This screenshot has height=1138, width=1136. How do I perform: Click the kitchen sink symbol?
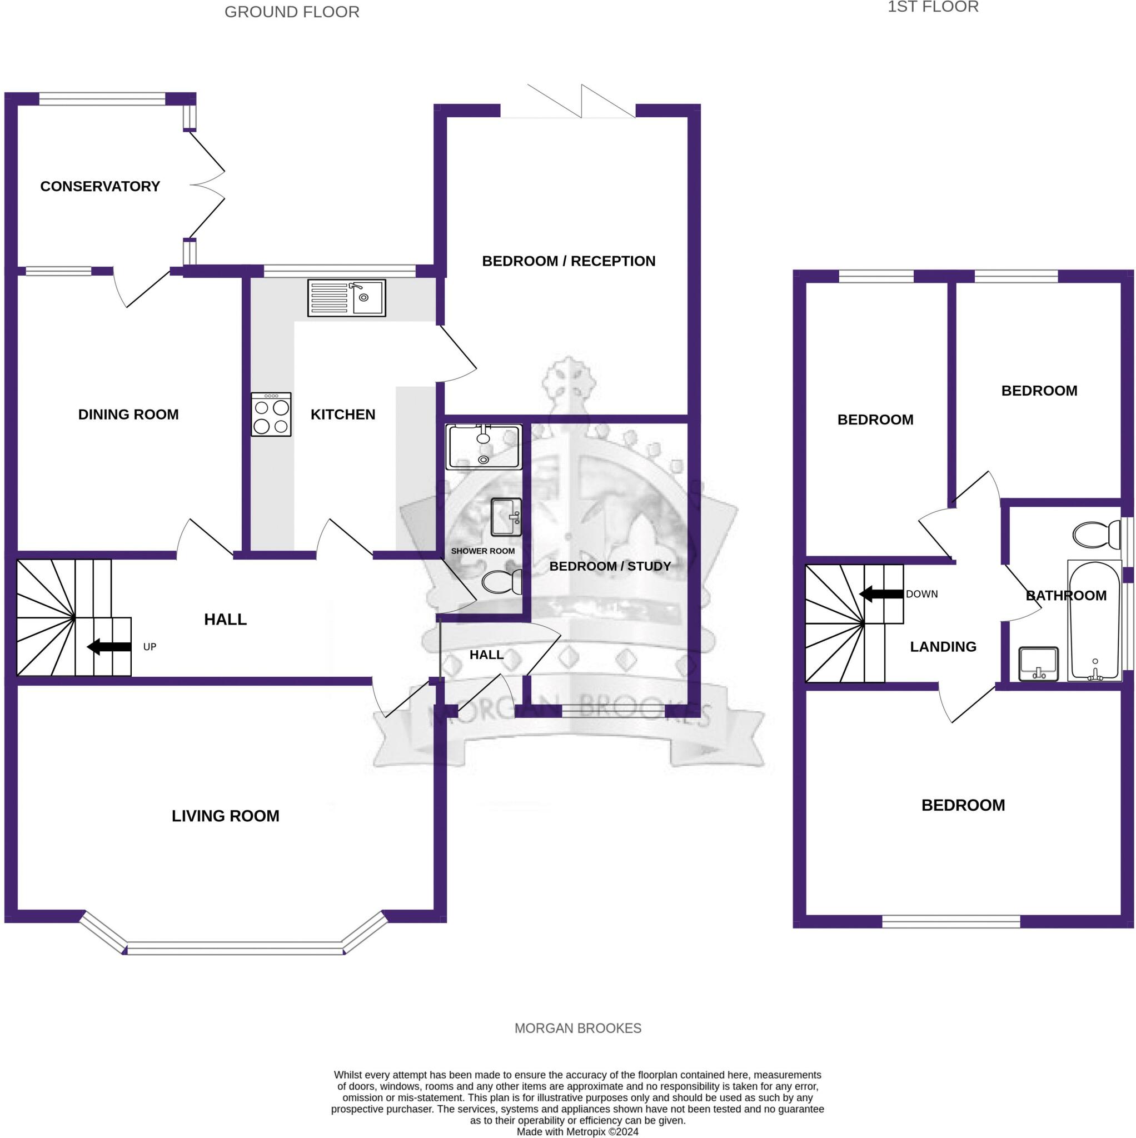[x=346, y=297]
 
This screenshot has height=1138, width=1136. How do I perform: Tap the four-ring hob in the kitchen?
[x=271, y=414]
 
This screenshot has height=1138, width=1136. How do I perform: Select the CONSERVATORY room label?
[x=100, y=186]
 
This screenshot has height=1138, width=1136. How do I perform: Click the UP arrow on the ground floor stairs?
[x=109, y=647]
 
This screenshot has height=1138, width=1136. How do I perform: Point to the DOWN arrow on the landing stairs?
[x=881, y=595]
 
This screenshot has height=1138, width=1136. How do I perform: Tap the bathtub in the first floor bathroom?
[x=1095, y=620]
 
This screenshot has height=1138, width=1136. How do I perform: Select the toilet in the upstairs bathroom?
[x=1096, y=534]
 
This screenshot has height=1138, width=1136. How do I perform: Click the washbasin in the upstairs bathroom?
[x=1038, y=664]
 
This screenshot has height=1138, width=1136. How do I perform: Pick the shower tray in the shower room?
[x=484, y=447]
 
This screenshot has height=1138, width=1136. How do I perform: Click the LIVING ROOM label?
[x=226, y=816]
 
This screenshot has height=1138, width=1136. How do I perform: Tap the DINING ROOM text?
[x=128, y=414]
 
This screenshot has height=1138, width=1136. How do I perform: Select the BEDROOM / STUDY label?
[x=610, y=566]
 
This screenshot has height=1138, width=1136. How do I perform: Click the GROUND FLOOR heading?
[x=292, y=12]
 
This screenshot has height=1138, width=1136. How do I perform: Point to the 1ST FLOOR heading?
[x=933, y=7]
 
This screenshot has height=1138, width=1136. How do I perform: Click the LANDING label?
[x=943, y=647]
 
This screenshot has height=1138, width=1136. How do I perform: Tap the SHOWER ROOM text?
[x=482, y=551]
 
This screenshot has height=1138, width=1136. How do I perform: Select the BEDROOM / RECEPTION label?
[x=569, y=261]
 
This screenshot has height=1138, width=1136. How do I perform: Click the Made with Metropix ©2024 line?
[x=577, y=1131]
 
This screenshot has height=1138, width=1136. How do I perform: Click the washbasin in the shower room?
[x=506, y=517]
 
